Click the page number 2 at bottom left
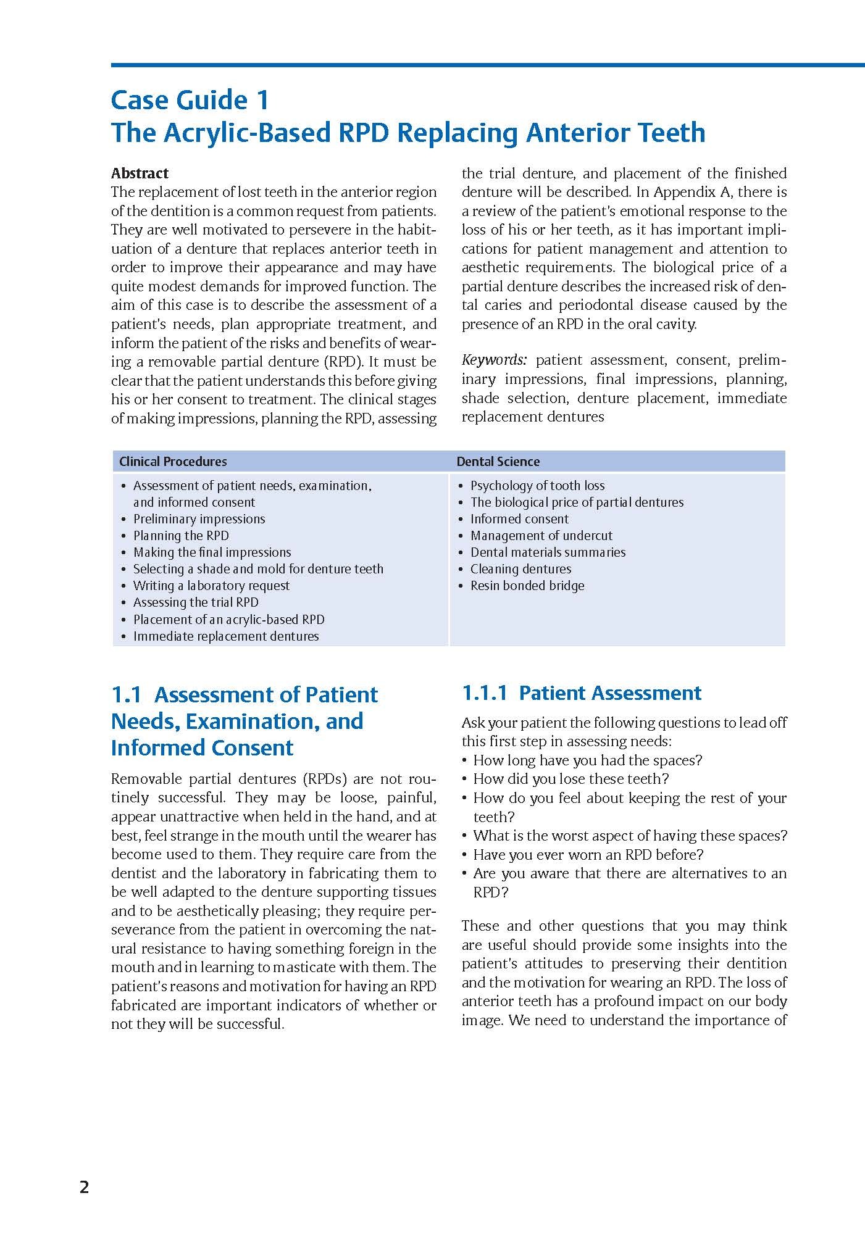(85, 1187)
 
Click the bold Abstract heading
(140, 173)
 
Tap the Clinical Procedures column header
(173, 462)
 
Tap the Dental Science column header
(498, 462)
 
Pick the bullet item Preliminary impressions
(199, 519)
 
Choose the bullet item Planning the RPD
(181, 536)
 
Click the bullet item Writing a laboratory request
(211, 586)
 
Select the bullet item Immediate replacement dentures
(226, 636)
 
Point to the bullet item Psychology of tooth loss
(537, 486)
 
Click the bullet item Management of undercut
(541, 536)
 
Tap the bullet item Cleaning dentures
(520, 569)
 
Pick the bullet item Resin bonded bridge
(527, 586)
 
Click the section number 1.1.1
(485, 693)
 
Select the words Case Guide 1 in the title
(190, 100)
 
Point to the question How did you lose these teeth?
(570, 779)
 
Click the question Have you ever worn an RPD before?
(588, 855)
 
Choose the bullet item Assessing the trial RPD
(196, 602)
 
